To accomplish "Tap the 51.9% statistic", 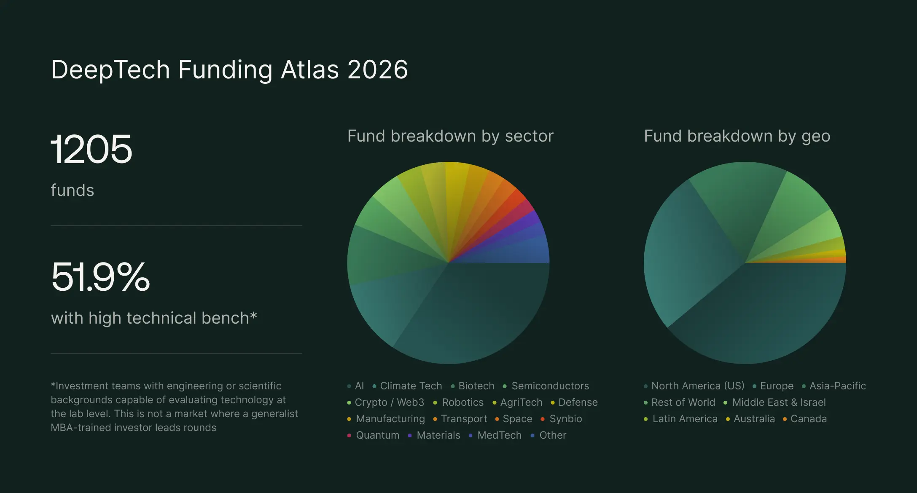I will (x=100, y=277).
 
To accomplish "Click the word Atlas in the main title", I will (x=310, y=70).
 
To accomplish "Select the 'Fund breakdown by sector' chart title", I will (x=450, y=136).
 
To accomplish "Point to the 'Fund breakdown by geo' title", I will (x=737, y=136).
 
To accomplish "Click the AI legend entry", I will (x=359, y=386).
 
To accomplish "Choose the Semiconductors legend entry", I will (x=550, y=386).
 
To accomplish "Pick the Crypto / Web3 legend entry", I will (x=389, y=402).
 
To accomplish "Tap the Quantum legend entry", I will (x=377, y=435).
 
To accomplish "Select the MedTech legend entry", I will (x=499, y=435).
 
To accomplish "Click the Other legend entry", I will (x=552, y=435).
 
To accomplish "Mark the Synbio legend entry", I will (x=565, y=419).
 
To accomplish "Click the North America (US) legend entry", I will (x=697, y=386).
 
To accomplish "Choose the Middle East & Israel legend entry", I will (x=778, y=402).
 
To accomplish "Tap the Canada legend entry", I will (x=808, y=419).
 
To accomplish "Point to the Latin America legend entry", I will (x=685, y=419).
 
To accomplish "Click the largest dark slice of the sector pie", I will (x=476, y=312).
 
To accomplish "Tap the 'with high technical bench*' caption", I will (x=154, y=318).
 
